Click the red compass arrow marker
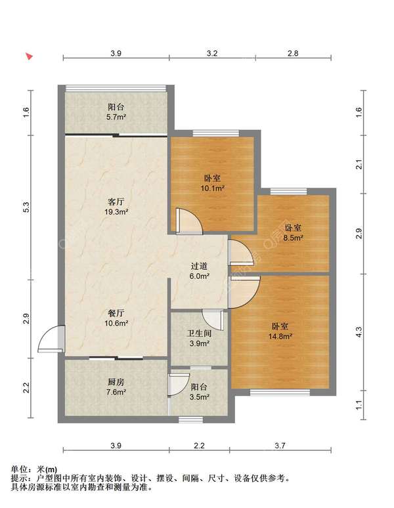click(x=30, y=56)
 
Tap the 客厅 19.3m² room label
click(x=116, y=207)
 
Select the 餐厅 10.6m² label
click(x=116, y=318)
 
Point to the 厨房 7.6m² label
click(x=116, y=387)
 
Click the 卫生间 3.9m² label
click(x=199, y=338)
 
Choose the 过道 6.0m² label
click(x=199, y=271)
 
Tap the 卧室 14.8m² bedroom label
click(x=280, y=331)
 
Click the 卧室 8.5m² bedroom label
click(x=293, y=232)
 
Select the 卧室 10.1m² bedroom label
click(x=213, y=183)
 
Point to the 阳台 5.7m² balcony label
click(x=116, y=112)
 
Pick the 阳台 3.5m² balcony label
click(x=199, y=392)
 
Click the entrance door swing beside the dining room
click(x=51, y=339)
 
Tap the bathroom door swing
click(x=213, y=320)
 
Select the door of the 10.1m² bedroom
click(x=189, y=221)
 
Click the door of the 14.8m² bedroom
click(x=244, y=291)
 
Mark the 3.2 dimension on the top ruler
click(x=212, y=53)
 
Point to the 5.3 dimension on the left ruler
click(x=26, y=207)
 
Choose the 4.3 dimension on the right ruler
click(x=359, y=332)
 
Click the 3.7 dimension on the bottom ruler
click(x=280, y=446)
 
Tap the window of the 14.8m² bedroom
click(x=280, y=392)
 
